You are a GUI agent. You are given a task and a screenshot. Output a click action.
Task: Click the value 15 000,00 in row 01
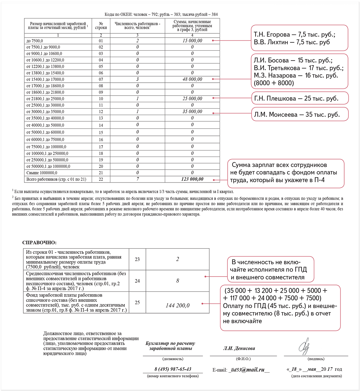coord(192,41)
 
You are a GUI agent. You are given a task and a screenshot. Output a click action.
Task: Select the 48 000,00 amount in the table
coord(192,79)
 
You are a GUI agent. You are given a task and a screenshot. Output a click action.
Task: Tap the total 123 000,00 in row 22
coord(192,179)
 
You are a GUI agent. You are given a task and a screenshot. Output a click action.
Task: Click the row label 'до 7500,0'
coord(35,41)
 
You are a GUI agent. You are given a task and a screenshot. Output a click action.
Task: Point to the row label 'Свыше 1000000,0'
coord(42,173)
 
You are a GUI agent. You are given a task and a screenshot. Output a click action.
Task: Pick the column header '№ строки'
coord(101,26)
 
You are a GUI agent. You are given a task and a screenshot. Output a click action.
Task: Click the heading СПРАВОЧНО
coord(39,243)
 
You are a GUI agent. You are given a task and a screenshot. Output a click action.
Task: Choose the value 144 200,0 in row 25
coord(178,305)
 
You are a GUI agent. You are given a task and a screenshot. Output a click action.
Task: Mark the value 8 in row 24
coord(177,281)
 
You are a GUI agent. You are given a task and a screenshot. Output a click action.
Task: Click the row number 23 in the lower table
coord(137,259)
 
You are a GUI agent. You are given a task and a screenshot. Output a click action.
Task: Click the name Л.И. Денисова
coord(239,349)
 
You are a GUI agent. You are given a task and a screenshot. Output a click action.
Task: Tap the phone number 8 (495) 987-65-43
coord(173,369)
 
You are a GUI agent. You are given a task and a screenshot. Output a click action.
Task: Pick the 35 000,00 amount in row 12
coord(192,112)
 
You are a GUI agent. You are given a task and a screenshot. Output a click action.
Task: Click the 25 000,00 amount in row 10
coord(192,99)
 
